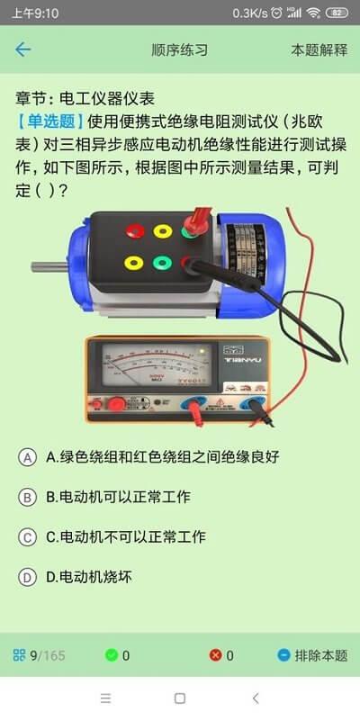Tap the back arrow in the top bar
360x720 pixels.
pos(23,49)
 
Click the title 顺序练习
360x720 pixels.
pos(180,49)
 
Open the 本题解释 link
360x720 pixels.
pos(319,49)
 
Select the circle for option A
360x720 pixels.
pos(28,457)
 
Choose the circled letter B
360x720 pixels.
pos(28,497)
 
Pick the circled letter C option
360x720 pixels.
pos(28,537)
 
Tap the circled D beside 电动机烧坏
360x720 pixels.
pos(28,578)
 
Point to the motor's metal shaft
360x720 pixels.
pos(47,266)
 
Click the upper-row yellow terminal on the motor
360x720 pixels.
pos(163,230)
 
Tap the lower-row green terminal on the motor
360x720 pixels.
pos(163,264)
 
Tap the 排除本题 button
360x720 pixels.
pos(312,655)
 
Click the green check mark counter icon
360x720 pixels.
pos(112,655)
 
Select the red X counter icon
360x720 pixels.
pos(216,655)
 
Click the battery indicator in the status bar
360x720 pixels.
pos(338,13)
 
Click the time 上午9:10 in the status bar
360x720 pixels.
pos(36,13)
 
